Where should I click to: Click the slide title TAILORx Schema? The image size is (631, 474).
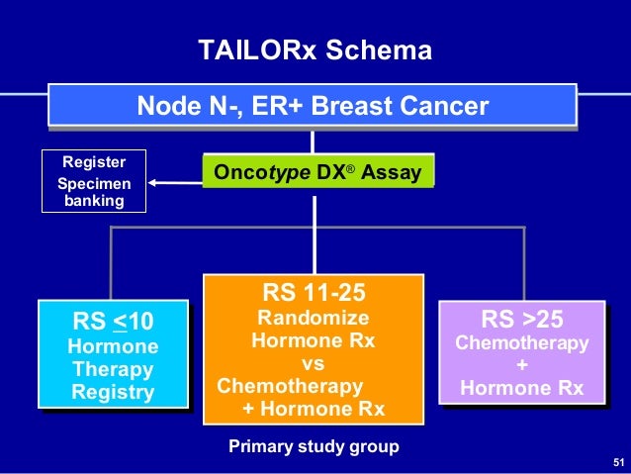[315, 50]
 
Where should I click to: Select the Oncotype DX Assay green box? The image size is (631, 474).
[317, 173]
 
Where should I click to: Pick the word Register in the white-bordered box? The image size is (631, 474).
[94, 162]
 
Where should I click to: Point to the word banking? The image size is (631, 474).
[94, 201]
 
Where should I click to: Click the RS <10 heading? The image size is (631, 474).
[114, 321]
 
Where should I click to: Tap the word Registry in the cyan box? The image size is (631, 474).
[113, 393]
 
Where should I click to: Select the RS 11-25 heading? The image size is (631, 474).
[312, 293]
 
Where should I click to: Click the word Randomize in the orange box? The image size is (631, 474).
[313, 318]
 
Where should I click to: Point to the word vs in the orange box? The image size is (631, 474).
[313, 363]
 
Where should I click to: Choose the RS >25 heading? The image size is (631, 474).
[521, 319]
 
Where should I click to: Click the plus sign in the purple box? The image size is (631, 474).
[521, 365]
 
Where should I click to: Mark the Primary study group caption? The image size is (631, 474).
[314, 446]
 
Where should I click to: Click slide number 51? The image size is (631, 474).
[619, 463]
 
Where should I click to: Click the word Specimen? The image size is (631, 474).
[94, 183]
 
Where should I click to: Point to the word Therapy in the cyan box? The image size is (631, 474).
[113, 369]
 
